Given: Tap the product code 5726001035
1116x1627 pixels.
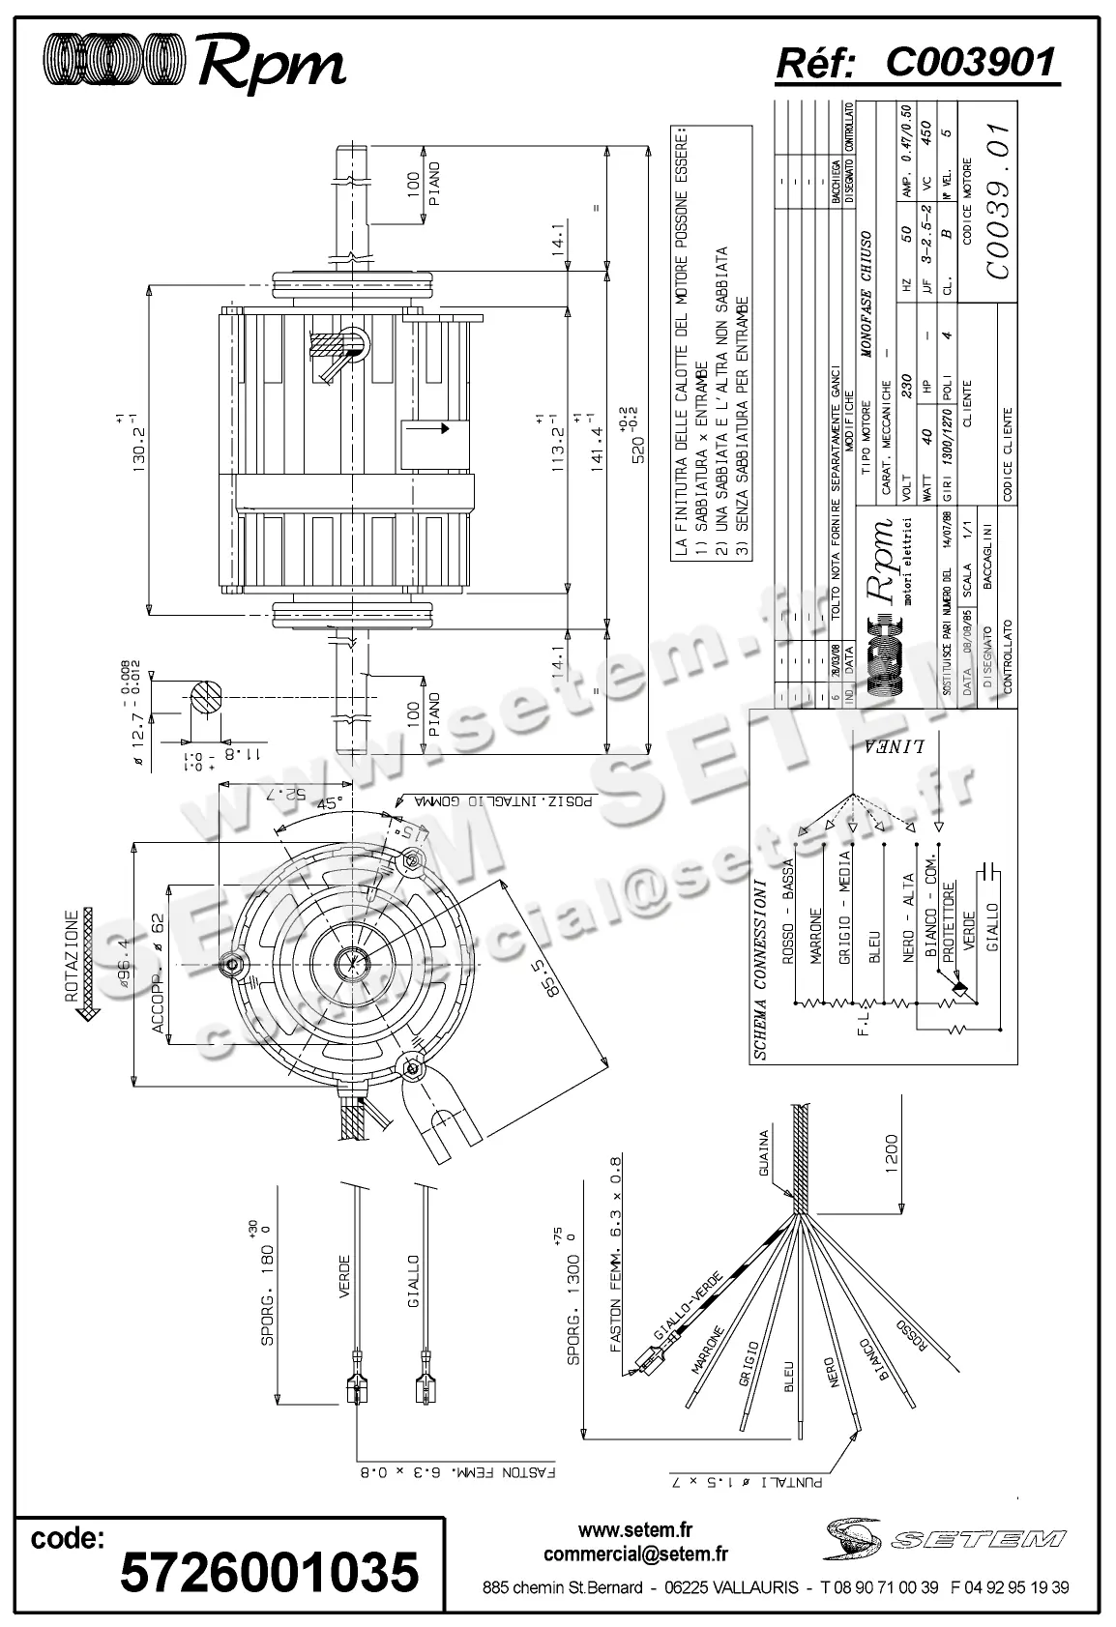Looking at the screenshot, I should pyautogui.click(x=269, y=1571).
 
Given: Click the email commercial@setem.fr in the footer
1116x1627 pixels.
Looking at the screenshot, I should pyautogui.click(x=635, y=1554).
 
